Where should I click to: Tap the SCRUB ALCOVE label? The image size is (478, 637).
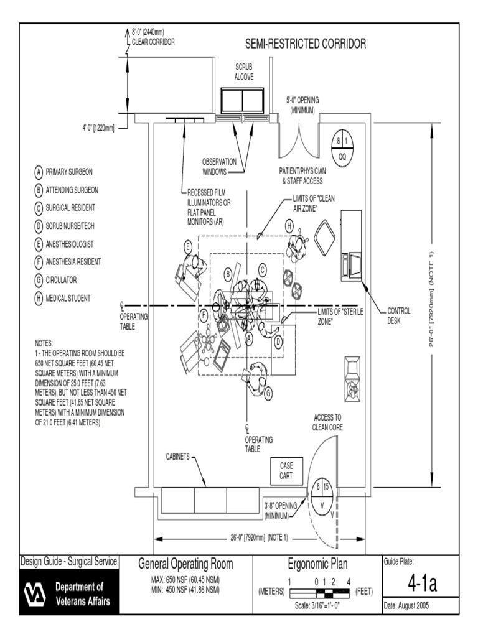243,71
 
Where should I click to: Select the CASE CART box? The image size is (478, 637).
286,470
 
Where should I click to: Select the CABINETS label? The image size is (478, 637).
177,456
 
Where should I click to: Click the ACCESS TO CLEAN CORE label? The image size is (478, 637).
327,422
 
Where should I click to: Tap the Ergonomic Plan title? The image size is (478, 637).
317,565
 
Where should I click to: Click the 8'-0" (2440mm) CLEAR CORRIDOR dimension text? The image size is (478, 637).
153,37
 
